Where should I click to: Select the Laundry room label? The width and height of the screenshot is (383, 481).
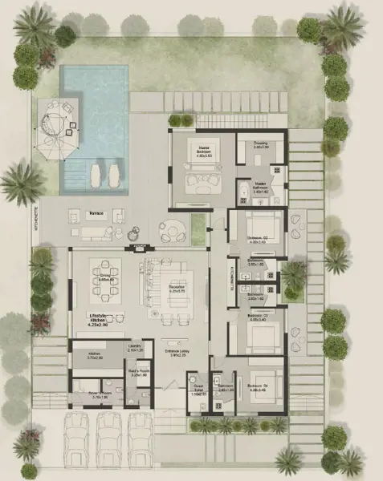(136, 348)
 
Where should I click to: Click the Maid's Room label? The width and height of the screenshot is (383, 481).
(139, 372)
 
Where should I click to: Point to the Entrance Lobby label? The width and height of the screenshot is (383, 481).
(176, 352)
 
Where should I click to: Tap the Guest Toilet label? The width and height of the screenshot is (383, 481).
(199, 392)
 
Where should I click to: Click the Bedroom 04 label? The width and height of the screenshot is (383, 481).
(262, 389)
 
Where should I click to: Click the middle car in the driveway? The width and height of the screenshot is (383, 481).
(108, 442)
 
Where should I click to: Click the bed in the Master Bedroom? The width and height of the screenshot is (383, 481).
(198, 178)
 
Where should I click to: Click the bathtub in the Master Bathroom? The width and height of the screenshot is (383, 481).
(243, 191)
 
